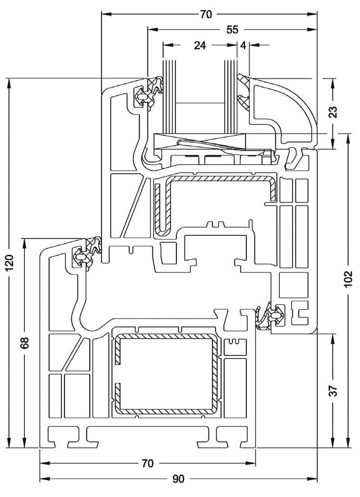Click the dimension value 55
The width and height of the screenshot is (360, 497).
[x=232, y=30]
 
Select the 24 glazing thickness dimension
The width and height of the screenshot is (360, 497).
[x=200, y=45]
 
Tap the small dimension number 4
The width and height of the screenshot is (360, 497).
[x=243, y=45]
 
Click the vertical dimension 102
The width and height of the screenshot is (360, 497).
[x=348, y=287]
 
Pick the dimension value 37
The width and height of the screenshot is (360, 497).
[x=333, y=391]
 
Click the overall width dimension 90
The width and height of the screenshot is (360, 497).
[x=179, y=479]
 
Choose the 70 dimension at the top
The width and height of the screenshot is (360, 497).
[x=205, y=14]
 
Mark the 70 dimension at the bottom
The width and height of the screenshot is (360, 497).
[x=148, y=463]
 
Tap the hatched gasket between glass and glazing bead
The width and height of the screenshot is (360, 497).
[x=244, y=95]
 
